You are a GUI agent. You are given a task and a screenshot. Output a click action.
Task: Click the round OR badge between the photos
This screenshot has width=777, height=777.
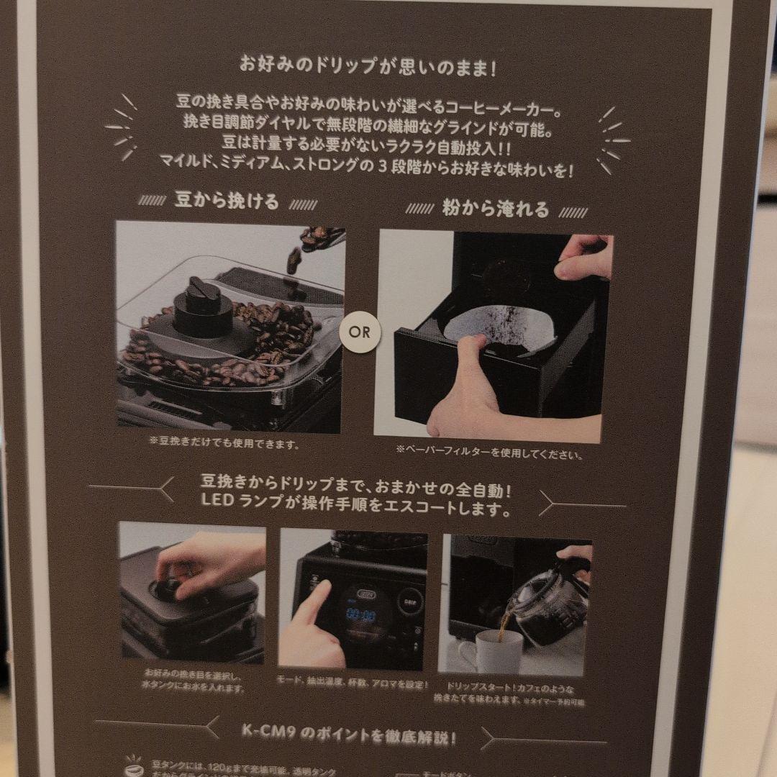360,332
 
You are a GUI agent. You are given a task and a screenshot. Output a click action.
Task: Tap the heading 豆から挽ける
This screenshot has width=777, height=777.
227,201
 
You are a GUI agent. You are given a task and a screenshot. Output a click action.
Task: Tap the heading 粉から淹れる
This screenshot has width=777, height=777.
496,209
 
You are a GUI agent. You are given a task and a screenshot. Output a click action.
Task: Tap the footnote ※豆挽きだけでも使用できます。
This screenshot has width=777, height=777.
224,443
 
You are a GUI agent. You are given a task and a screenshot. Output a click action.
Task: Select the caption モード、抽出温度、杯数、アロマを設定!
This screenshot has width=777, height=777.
352,684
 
